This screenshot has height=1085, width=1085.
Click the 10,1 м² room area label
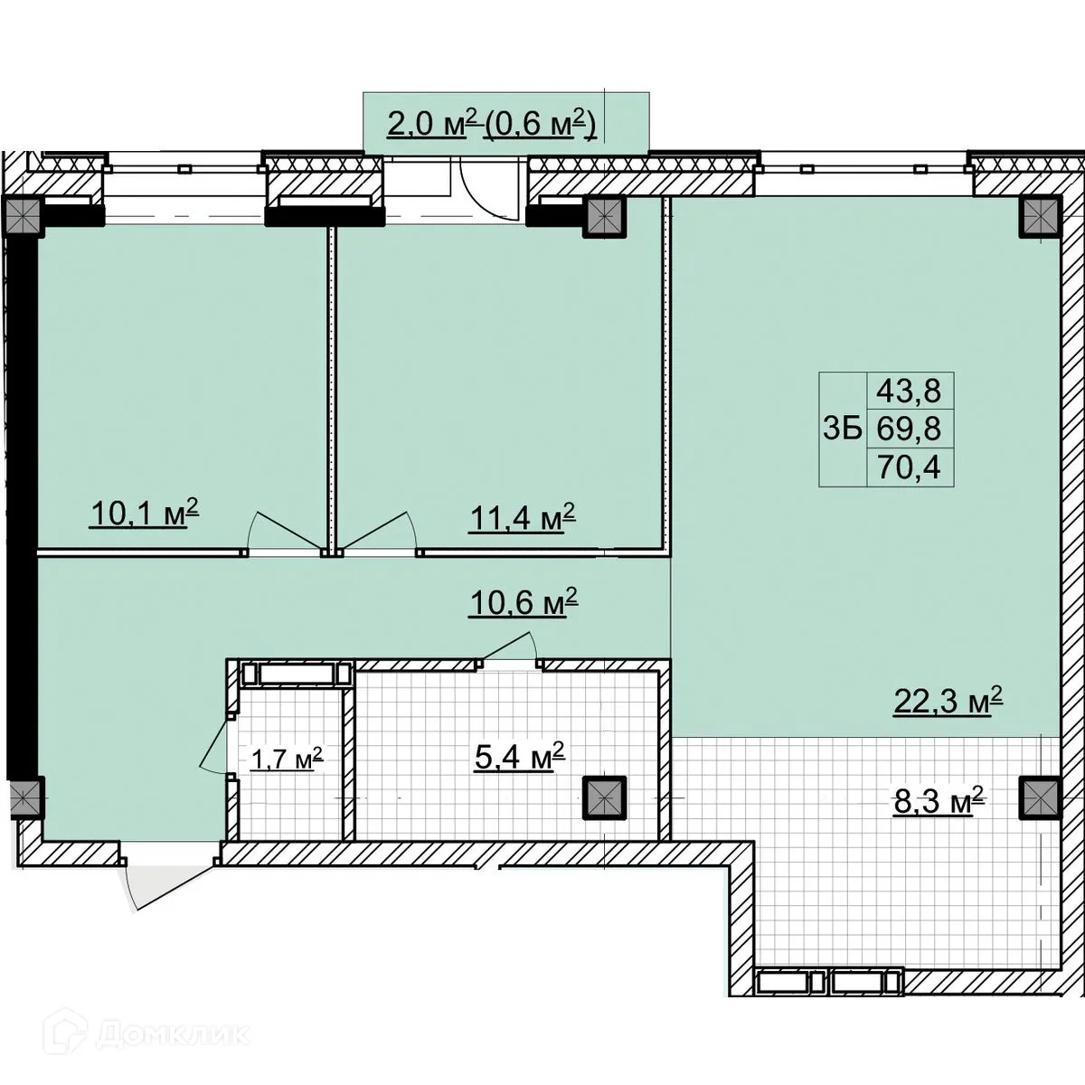pyautogui.click(x=144, y=514)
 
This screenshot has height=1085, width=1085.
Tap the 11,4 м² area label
pyautogui.click(x=522, y=517)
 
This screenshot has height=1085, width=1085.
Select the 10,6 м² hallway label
pyautogui.click(x=524, y=602)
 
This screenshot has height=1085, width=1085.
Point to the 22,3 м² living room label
pyautogui.click(x=948, y=701)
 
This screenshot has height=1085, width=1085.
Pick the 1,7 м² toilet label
pyautogui.click(x=288, y=759)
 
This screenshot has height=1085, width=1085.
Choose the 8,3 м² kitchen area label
pyautogui.click(x=939, y=801)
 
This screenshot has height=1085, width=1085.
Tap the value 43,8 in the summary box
pyautogui.click(x=909, y=391)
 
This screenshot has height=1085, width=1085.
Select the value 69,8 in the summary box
pyautogui.click(x=909, y=429)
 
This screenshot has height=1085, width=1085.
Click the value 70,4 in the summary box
pyautogui.click(x=909, y=467)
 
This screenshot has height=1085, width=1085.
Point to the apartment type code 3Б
pyautogui.click(x=843, y=429)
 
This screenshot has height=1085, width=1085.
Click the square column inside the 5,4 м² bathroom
pyautogui.click(x=604, y=797)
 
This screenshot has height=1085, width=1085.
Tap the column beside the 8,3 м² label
pyautogui.click(x=1040, y=797)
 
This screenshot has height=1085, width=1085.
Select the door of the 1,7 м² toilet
pyautogui.click(x=214, y=744)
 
